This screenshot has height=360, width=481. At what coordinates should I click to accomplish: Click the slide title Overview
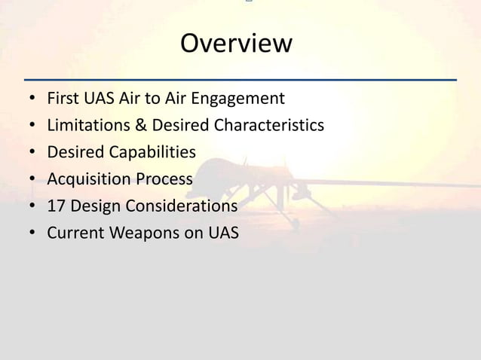click(x=236, y=44)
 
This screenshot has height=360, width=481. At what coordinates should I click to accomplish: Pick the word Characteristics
click(x=269, y=125)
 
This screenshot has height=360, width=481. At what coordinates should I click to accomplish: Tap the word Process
click(x=164, y=180)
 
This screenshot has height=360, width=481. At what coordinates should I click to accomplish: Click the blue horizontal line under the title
click(x=240, y=79)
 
